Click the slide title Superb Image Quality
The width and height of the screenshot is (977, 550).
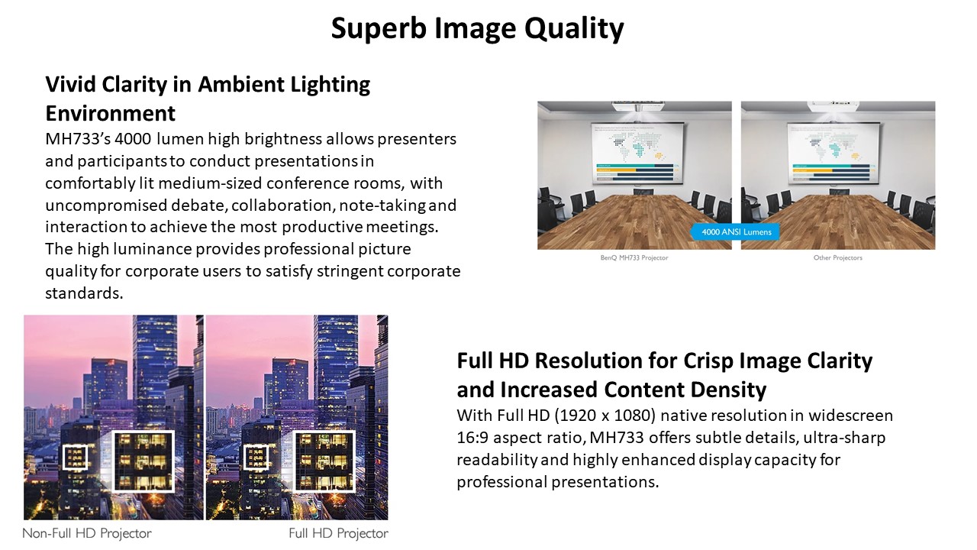[477, 29]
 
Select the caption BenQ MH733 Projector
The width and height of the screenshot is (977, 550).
[634, 257]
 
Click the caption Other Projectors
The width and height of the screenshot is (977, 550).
[837, 257]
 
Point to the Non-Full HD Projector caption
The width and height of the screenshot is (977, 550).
[87, 533]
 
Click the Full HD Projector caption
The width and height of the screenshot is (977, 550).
[338, 533]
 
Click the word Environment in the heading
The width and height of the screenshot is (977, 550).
[111, 113]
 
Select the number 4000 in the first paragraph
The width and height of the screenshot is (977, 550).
[133, 139]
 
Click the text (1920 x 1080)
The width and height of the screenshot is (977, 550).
[605, 415]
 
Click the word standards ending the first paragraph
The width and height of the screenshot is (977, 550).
[84, 293]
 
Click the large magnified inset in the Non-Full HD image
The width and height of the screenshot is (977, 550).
[143, 461]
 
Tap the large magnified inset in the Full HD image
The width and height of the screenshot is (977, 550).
[324, 461]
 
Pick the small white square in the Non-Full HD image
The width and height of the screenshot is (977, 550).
[75, 458]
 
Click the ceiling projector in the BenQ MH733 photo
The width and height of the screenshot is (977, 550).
[637, 106]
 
